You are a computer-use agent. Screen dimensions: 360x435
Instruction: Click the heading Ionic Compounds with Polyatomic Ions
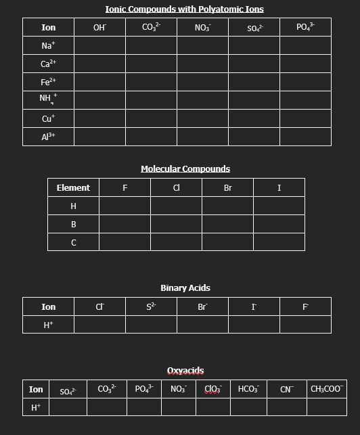coord(185,9)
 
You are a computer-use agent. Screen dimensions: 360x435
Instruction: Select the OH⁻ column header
coord(99,28)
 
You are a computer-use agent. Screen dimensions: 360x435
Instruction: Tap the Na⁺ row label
coord(48,46)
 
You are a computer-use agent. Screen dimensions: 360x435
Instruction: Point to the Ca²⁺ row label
coord(48,64)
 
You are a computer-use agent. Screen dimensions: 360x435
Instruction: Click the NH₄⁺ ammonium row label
coord(48,100)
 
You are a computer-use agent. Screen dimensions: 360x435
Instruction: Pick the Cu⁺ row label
coord(48,118)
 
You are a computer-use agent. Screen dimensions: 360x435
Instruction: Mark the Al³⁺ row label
coord(48,137)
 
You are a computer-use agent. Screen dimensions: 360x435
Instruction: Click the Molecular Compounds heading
coord(185,168)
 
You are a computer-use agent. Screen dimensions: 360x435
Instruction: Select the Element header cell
coord(73,187)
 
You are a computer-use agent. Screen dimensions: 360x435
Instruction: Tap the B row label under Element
coord(73,224)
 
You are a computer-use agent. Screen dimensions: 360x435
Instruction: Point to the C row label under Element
coord(73,242)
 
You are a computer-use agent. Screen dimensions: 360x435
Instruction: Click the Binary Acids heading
coord(185,288)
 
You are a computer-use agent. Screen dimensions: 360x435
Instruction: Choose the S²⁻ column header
coord(151,306)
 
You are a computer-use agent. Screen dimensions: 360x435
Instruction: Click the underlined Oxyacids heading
coord(185,371)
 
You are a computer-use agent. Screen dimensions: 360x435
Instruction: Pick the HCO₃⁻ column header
coord(248,389)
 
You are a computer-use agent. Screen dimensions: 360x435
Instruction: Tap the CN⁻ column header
coord(286,389)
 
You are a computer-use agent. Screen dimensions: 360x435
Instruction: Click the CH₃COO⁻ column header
coord(326,389)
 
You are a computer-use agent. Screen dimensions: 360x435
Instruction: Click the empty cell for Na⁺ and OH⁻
coord(99,46)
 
